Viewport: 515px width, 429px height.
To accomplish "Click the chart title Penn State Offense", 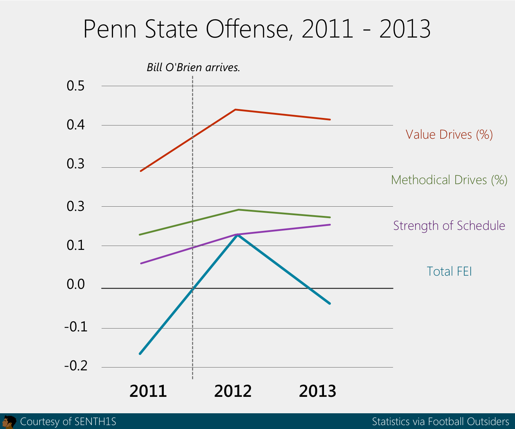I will click(257, 29).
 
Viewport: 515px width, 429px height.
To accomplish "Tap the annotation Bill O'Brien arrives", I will click(193, 67).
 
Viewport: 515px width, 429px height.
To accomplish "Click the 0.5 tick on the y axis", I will click(75, 86).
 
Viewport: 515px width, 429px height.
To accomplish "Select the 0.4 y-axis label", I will click(75, 125).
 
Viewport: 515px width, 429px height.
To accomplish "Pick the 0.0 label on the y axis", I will click(75, 285).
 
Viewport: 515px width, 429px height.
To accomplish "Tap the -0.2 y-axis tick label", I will click(75, 366).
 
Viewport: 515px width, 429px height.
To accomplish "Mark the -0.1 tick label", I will click(75, 327).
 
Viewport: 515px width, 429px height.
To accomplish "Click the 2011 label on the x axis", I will click(148, 391).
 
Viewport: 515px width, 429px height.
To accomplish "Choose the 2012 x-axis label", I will click(233, 391).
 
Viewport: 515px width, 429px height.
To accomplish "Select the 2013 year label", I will click(318, 391).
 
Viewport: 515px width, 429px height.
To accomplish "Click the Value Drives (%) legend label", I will click(449, 135).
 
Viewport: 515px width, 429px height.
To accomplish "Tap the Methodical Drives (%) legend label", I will click(449, 180).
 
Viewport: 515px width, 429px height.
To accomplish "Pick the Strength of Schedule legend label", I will click(449, 226).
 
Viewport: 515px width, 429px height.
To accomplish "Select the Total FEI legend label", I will click(449, 271).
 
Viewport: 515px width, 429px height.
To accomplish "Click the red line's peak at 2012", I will click(235, 109).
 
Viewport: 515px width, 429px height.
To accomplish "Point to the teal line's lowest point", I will click(140, 354).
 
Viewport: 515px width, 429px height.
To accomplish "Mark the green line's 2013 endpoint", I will click(330, 217).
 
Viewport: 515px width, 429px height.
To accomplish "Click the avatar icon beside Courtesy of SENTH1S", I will click(9, 422).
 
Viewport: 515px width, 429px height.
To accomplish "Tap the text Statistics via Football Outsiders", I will click(440, 422).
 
